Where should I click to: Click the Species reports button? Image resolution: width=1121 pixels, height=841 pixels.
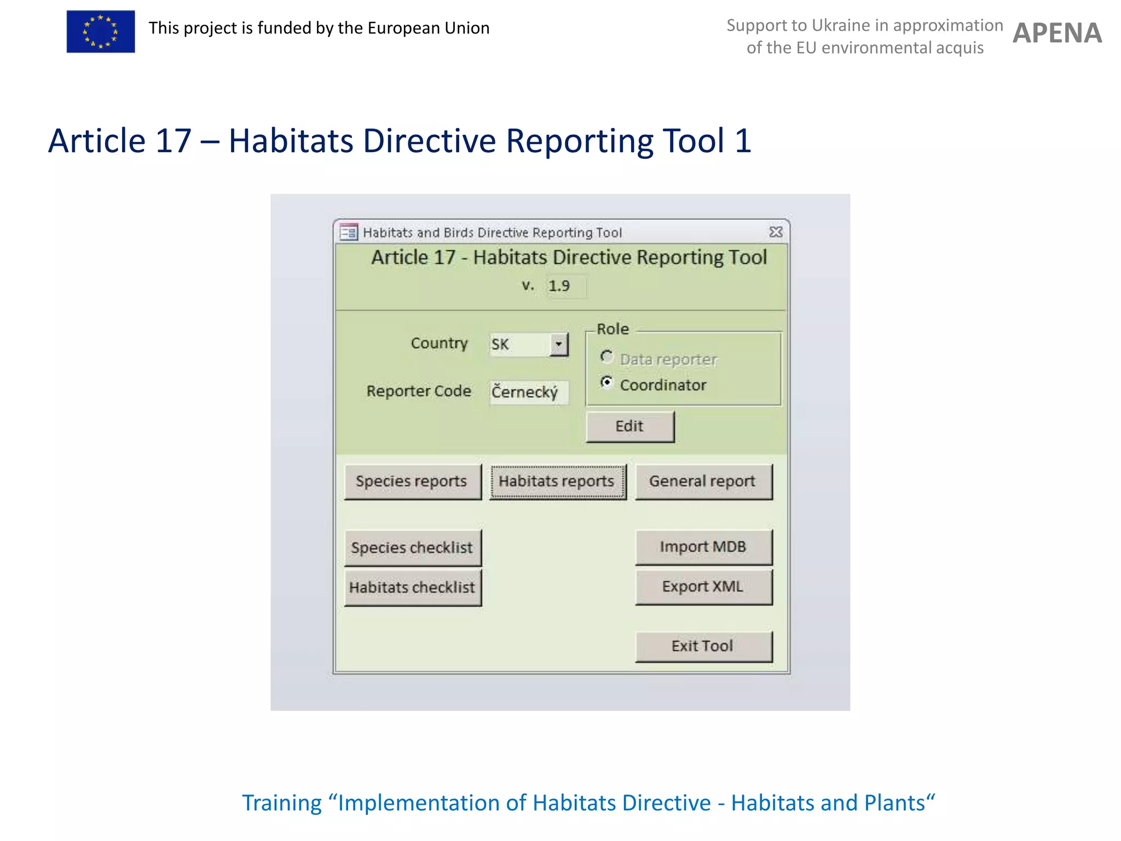(x=412, y=481)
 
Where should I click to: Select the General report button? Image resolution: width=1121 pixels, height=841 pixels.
(x=703, y=481)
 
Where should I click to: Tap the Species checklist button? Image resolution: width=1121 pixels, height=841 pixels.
(x=412, y=548)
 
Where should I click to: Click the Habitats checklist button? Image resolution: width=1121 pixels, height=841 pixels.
(x=412, y=587)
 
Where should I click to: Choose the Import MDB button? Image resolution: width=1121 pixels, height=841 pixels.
(x=703, y=547)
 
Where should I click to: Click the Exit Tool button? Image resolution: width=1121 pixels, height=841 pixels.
(x=703, y=646)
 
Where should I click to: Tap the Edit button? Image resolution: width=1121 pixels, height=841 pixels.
(x=629, y=427)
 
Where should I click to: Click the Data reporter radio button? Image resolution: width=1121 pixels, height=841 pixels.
(x=606, y=357)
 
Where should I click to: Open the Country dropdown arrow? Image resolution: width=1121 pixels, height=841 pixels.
(x=558, y=344)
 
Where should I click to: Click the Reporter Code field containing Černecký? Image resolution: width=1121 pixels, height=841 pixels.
(x=528, y=392)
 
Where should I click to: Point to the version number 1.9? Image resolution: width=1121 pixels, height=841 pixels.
(x=559, y=286)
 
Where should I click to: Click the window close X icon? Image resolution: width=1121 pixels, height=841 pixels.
(x=776, y=232)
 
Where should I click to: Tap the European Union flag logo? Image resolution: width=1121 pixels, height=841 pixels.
(x=101, y=32)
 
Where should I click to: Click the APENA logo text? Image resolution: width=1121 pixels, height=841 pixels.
(x=1057, y=33)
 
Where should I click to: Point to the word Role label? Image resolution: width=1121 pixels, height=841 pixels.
(x=612, y=329)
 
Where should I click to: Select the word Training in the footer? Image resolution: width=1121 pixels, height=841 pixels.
(x=282, y=803)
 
